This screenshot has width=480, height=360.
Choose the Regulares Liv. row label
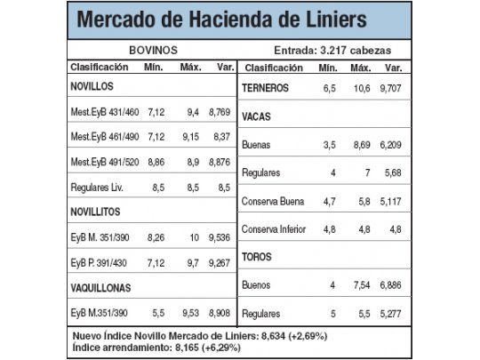[98, 188]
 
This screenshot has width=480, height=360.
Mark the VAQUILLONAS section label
[105, 288]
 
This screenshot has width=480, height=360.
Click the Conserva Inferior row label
[274, 229]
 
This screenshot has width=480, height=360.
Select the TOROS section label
[259, 257]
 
